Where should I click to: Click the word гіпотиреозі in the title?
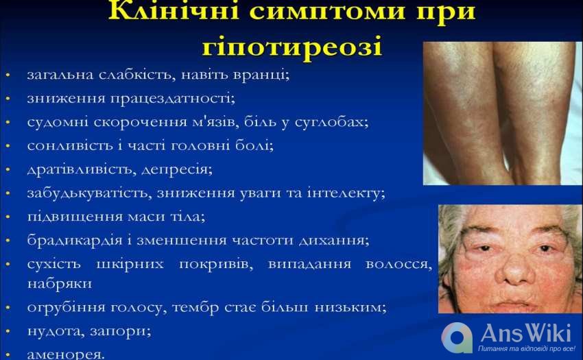tap(292, 47)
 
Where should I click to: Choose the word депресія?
tap(177, 169)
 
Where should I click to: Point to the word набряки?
tap(60, 283)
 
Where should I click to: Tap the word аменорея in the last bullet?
tap(66, 355)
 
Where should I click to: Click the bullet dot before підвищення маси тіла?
tap(8, 217)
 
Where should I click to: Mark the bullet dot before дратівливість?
tap(8, 170)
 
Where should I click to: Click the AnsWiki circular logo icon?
tap(457, 337)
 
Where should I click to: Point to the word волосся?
tap(399, 264)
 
